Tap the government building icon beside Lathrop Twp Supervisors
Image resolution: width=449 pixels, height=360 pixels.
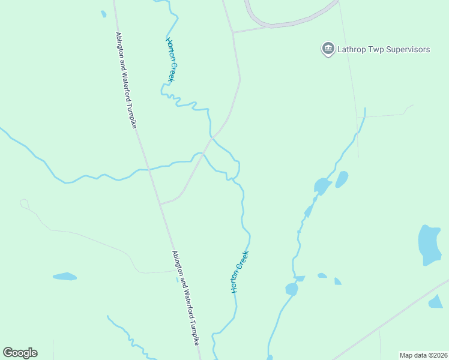tap(328, 49)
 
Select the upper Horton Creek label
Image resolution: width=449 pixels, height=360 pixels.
tap(172, 61)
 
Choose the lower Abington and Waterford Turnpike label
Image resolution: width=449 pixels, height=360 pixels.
tap(185, 298)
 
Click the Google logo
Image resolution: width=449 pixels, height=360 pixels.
tap(20, 353)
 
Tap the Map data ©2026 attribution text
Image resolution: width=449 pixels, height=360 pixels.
tap(423, 355)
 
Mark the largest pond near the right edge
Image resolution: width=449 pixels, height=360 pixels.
tap(429, 245)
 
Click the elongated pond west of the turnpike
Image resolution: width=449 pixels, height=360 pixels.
tap(65, 277)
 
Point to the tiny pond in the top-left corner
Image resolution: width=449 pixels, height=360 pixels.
tap(104, 13)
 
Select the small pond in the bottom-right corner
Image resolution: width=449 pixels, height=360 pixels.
tap(435, 302)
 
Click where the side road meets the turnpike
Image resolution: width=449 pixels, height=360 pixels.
tap(160, 203)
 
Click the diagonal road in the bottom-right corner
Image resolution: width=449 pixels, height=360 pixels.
tap(390, 321)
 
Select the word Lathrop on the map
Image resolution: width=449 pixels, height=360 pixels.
tap(352, 49)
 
